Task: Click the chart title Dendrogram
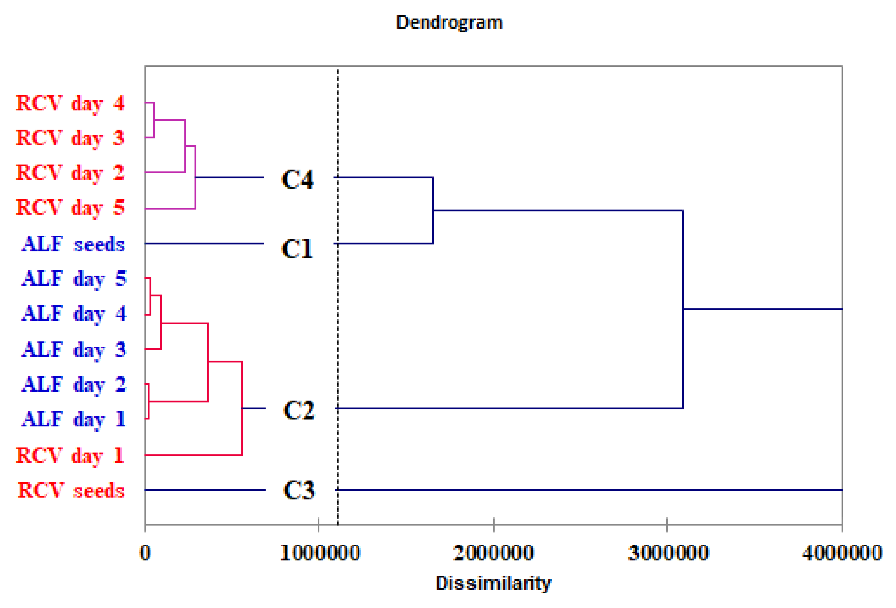(449, 23)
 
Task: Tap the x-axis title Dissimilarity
(493, 583)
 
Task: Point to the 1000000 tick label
(320, 553)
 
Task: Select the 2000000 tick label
(493, 553)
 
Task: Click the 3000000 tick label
(668, 553)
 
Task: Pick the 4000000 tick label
(842, 553)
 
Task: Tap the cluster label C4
(298, 179)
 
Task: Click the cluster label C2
(298, 410)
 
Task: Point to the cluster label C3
(299, 490)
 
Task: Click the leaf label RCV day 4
(70, 104)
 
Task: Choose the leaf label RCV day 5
(70, 207)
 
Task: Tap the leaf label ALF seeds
(73, 244)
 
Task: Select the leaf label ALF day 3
(74, 349)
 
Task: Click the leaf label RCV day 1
(70, 455)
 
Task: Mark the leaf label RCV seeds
(71, 490)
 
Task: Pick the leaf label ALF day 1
(74, 419)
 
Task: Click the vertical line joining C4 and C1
(433, 210)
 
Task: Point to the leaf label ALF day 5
(74, 279)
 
